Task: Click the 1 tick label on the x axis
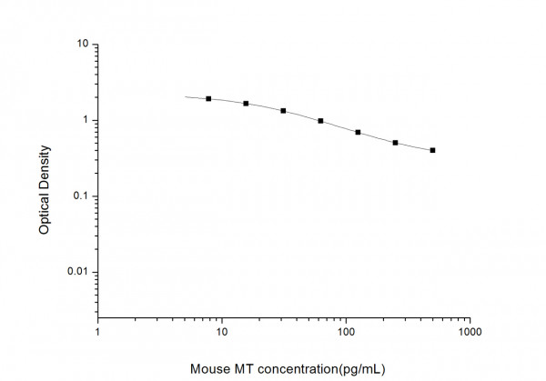pos(98,333)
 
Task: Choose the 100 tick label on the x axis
pos(346,333)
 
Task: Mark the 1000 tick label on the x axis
pos(470,333)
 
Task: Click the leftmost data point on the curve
pos(208,98)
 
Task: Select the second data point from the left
pos(246,104)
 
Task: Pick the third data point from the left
pos(283,111)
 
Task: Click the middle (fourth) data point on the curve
pos(320,121)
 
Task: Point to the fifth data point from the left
pos(358,133)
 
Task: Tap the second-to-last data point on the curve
pos(395,143)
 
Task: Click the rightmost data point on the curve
pos(432,150)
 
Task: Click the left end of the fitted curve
pos(186,96)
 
